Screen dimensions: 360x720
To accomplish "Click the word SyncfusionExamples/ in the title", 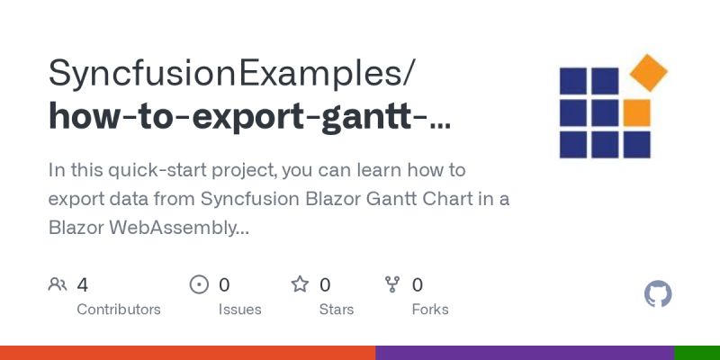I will tap(232, 72).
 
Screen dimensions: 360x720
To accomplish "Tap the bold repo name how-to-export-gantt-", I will tap(249, 117).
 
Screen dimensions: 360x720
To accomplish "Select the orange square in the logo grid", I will tap(636, 112).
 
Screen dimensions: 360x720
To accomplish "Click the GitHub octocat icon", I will tap(659, 294).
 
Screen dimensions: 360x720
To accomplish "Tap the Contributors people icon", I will tap(58, 285).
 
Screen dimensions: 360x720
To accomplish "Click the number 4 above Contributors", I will tap(82, 285).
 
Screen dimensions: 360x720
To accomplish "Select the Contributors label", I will tap(119, 310).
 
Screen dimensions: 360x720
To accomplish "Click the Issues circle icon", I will tap(199, 285).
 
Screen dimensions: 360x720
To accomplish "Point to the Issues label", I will tap(239, 310).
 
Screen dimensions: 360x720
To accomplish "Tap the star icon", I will tap(300, 285).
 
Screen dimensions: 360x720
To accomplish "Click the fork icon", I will tap(392, 285).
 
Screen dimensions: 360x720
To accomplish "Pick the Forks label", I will tap(429, 310).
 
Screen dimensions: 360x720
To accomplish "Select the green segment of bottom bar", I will tap(697, 353).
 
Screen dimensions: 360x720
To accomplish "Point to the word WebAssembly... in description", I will tap(179, 229).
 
